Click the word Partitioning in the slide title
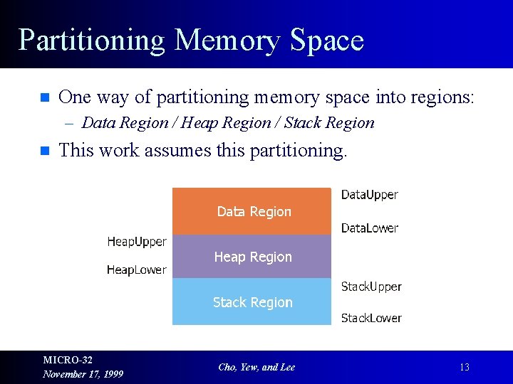click(x=91, y=41)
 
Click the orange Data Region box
click(x=253, y=211)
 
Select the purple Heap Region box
click(x=253, y=257)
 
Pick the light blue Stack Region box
click(x=253, y=302)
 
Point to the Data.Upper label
click(x=369, y=194)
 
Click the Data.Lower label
click(x=369, y=228)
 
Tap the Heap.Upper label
click(x=137, y=242)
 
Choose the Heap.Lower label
click(x=136, y=270)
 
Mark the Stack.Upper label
click(x=371, y=287)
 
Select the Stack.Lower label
click(x=371, y=318)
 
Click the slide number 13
click(x=464, y=368)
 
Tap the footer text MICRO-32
click(x=68, y=360)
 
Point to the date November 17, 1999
click(x=83, y=374)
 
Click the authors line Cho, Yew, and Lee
click(x=256, y=367)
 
